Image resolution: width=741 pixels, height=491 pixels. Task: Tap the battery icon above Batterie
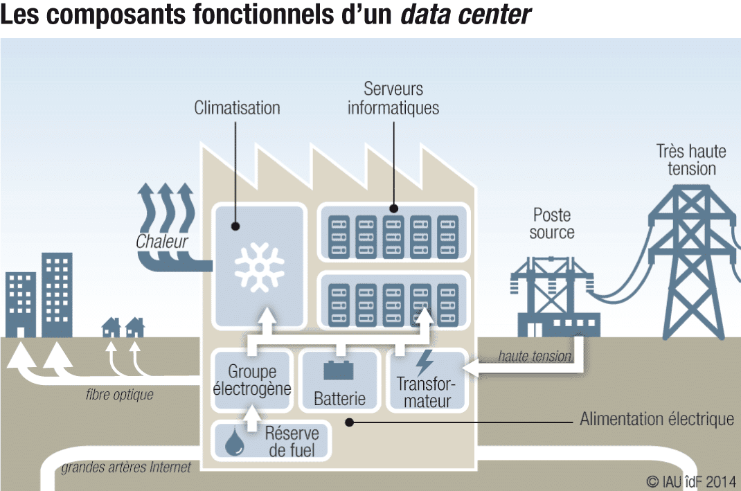(x=339, y=370)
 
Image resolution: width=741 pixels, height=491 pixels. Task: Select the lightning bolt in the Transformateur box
(x=425, y=363)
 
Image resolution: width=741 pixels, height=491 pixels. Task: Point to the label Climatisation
(x=237, y=108)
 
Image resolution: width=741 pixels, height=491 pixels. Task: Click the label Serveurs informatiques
(x=393, y=98)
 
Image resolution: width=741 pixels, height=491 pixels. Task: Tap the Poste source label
(x=552, y=223)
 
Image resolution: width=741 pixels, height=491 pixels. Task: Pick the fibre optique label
(x=120, y=395)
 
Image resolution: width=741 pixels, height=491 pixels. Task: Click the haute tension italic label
(x=535, y=357)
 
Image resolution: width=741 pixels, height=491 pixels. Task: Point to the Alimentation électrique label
(x=657, y=419)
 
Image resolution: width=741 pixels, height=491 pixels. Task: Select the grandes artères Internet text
(x=126, y=468)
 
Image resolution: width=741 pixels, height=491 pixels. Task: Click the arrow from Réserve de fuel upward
(x=251, y=413)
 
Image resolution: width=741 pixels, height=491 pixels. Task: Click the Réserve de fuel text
(x=292, y=442)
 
